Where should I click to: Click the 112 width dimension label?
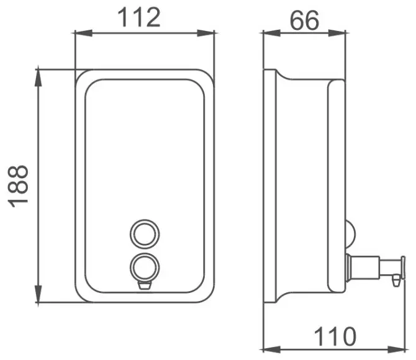point(139,17)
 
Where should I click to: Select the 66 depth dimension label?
point(304,20)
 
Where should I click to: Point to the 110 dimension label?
point(335,336)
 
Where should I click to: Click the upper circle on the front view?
point(145,220)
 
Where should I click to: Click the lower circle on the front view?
point(145,253)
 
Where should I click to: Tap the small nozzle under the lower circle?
point(145,286)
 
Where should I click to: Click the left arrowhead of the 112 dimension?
point(83,33)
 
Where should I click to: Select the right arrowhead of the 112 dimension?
point(206,33)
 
